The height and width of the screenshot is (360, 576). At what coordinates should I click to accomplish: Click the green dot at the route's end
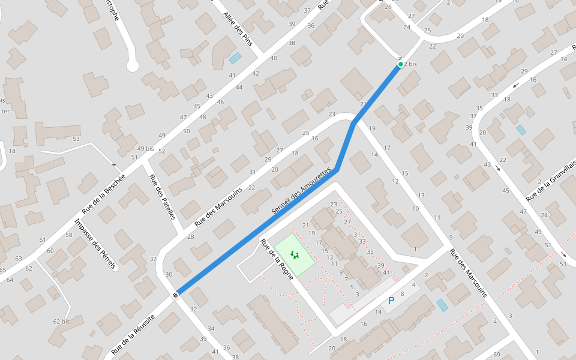[x=400, y=64]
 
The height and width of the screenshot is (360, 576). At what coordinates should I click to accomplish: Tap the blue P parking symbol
[x=391, y=301]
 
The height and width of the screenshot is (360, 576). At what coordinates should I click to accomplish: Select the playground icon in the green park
[x=295, y=255]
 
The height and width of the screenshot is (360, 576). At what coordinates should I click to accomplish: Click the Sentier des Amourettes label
[x=301, y=191]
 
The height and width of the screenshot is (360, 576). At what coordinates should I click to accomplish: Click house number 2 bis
[x=411, y=64]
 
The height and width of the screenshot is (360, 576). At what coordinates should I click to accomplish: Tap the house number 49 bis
[x=145, y=148]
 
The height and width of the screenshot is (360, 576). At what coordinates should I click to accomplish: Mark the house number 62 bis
[x=61, y=322]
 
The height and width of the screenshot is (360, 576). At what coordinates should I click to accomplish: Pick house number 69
[x=496, y=355]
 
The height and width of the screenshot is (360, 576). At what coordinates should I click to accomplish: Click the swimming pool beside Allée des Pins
[x=235, y=58]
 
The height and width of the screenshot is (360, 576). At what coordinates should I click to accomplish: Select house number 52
[x=162, y=151]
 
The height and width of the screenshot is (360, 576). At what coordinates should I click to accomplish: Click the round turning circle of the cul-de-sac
[x=133, y=66]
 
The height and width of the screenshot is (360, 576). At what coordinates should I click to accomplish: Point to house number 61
[x=43, y=240]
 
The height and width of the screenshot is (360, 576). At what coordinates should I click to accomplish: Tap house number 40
[x=274, y=58]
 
